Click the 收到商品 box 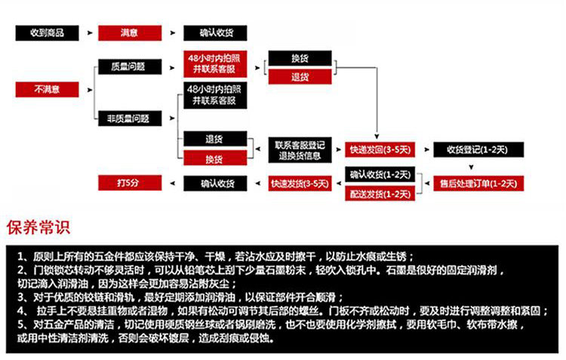coord(47,33)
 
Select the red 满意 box coord(129,33)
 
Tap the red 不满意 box coord(47,89)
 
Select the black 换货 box coord(300,58)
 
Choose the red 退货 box coord(300,76)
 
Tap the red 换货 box coord(214,158)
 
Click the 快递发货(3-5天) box coord(300,183)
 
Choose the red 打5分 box coord(128,183)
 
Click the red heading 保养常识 coord(38,227)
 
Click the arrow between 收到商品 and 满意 coord(90,34)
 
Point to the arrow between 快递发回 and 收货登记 coord(423,149)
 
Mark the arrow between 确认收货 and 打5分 coord(173,183)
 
